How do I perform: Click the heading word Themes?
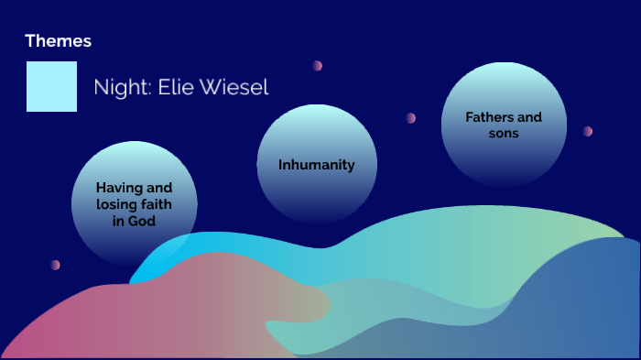[x=58, y=41]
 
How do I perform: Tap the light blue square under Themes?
[x=51, y=86]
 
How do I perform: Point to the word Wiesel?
[x=234, y=88]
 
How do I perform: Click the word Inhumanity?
[x=316, y=165]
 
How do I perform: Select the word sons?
[x=504, y=133]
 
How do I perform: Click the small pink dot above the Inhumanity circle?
[x=317, y=66]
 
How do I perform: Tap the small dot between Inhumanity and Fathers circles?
[x=411, y=118]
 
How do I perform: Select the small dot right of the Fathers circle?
[x=588, y=132]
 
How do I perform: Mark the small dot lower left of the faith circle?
[x=55, y=265]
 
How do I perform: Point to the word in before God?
[x=131, y=221]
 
